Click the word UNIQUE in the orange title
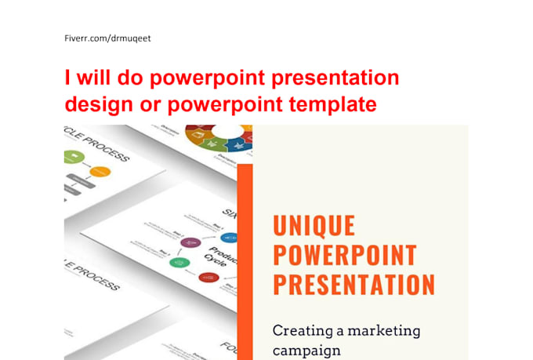click(314, 226)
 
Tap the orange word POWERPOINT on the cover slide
click(344, 255)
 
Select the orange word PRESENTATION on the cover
click(354, 284)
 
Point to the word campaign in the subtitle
click(306, 350)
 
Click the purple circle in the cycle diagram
click(187, 242)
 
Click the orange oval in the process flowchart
click(100, 172)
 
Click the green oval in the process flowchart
click(73, 157)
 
